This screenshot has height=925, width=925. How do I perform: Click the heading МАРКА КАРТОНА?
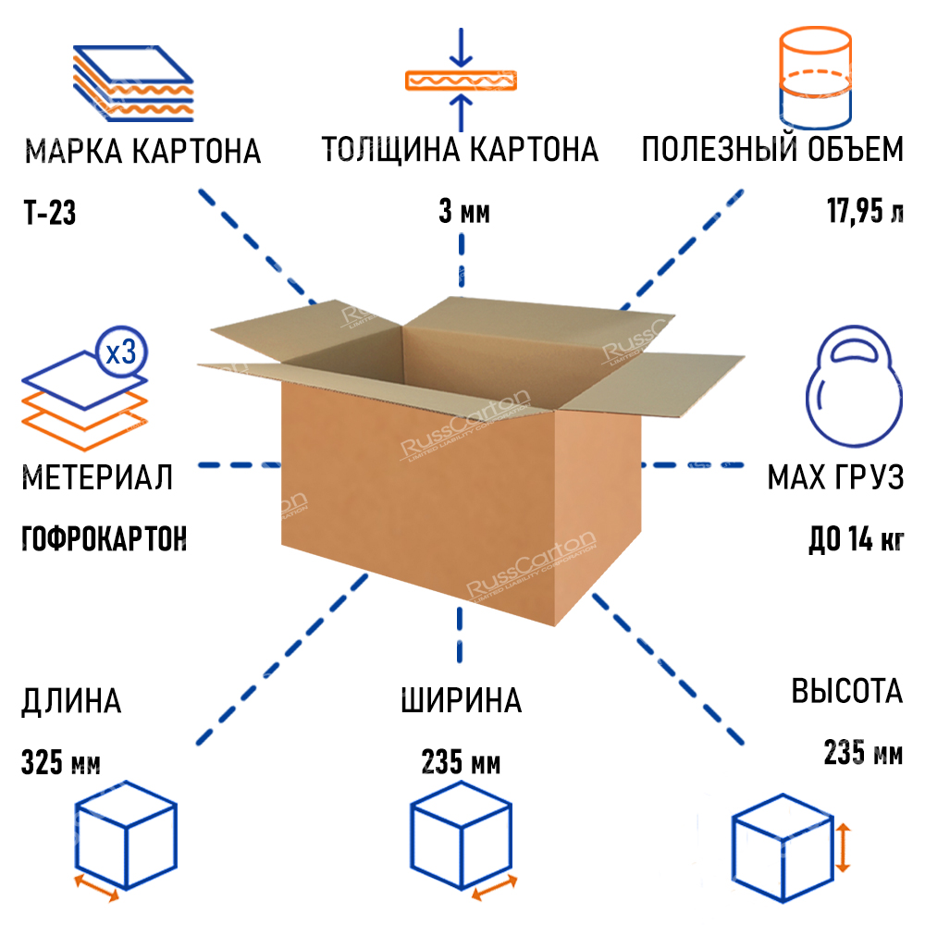[143, 151]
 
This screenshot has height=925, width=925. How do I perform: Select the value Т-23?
[49, 215]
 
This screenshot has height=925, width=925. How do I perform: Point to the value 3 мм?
[463, 215]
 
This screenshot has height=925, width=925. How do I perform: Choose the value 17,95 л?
[864, 214]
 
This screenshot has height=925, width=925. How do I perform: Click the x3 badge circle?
[121, 352]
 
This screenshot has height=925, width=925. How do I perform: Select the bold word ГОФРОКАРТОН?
[104, 538]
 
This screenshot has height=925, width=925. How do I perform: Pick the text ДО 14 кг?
[856, 539]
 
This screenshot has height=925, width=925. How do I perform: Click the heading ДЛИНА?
[71, 700]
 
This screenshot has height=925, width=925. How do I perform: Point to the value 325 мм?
[60, 765]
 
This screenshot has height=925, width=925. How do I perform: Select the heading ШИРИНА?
[462, 700]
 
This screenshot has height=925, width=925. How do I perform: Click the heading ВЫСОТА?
[846, 691]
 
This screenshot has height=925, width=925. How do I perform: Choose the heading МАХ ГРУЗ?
[835, 478]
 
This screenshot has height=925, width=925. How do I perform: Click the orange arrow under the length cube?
[97, 888]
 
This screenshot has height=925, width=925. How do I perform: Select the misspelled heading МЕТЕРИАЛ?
[97, 478]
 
